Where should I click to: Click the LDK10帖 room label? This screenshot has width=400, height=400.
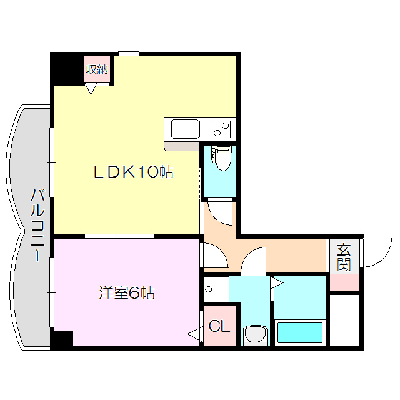(x=133, y=172)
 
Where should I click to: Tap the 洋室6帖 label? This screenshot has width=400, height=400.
(x=126, y=292)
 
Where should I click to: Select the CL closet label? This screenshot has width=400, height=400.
(x=219, y=326)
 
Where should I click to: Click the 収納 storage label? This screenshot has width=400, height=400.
(x=97, y=69)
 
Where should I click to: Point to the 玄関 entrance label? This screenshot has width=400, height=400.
(x=344, y=256)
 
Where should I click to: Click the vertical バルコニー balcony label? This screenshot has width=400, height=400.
(x=37, y=224)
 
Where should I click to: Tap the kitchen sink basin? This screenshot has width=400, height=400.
(x=186, y=129)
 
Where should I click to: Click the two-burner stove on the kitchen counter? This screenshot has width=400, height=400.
(x=221, y=129)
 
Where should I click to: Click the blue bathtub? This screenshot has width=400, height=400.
(x=299, y=332)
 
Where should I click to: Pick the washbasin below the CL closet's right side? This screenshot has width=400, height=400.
(x=255, y=334)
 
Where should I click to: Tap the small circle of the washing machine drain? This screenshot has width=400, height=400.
(x=209, y=290)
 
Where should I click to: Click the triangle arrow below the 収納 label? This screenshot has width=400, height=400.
(x=92, y=90)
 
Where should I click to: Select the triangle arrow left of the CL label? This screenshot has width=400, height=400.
(x=194, y=336)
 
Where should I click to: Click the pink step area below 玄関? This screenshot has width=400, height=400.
(x=344, y=282)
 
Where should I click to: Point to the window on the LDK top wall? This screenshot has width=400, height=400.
(x=128, y=54)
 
